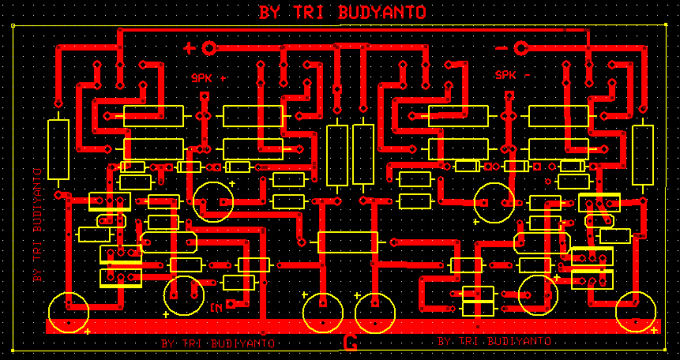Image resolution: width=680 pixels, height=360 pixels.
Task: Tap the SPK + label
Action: (208, 78)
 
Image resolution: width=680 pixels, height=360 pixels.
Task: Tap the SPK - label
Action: (513, 75)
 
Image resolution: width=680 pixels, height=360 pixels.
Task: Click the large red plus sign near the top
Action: (190, 48)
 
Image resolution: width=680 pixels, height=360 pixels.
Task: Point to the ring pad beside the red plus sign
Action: (209, 48)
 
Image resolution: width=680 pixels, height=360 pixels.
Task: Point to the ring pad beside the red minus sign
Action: (520, 48)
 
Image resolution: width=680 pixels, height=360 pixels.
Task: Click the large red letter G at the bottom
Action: (351, 343)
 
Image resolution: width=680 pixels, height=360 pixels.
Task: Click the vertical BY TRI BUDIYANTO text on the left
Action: (36, 225)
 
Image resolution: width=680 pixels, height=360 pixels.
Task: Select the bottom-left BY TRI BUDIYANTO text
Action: (217, 343)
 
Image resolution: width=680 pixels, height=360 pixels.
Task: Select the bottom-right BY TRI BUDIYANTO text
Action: (494, 341)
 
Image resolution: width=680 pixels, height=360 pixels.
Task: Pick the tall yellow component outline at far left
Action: (58, 150)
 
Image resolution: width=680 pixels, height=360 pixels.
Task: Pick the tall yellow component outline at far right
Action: (643, 155)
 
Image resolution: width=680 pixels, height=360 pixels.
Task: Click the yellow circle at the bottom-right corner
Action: (637, 311)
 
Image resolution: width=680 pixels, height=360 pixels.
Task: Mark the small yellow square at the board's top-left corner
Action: (14, 26)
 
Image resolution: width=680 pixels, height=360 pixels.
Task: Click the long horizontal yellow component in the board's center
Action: (348, 242)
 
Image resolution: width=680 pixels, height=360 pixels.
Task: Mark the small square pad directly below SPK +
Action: (205, 96)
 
